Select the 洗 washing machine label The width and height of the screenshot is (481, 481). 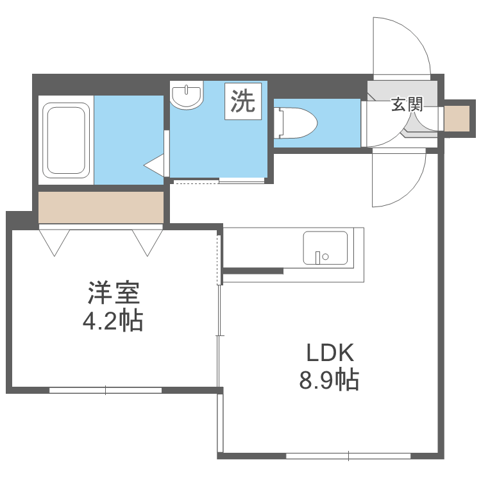(243, 101)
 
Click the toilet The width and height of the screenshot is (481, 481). (296, 123)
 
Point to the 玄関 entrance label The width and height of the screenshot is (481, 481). (407, 105)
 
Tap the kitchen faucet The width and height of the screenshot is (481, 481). (317, 258)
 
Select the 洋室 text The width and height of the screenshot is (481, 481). (113, 293)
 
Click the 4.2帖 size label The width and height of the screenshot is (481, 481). (113, 320)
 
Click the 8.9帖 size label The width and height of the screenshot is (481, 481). (329, 381)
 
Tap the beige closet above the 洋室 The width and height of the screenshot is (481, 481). (101, 207)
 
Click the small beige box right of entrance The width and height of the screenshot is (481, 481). (457, 118)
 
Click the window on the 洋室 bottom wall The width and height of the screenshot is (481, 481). (106, 389)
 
